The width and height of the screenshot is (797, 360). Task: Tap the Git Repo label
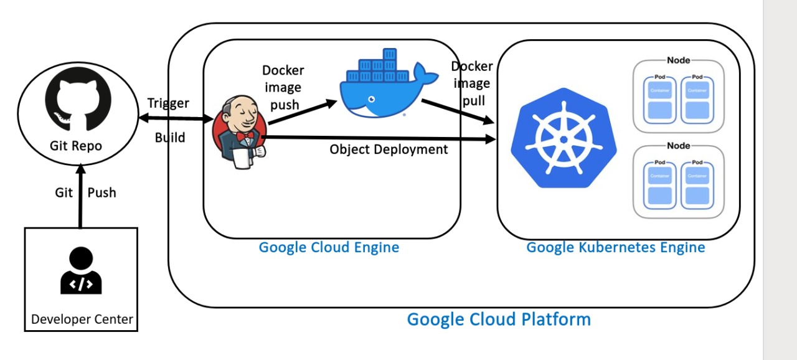pos(76,146)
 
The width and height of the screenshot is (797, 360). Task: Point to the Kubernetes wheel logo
pos(564,138)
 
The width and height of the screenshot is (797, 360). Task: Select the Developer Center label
pos(82,320)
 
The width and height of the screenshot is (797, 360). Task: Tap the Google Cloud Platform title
pos(499,320)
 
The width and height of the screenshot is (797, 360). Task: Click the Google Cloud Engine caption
pos(329,247)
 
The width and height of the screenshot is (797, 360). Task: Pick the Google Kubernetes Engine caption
pos(616,247)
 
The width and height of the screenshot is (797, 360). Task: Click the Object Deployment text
pos(389,149)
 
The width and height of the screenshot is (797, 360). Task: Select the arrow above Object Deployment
pos(380,138)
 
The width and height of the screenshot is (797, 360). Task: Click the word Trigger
pos(168,103)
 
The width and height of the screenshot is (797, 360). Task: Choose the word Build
pos(170,137)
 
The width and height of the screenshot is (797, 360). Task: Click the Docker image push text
pos(283,87)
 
